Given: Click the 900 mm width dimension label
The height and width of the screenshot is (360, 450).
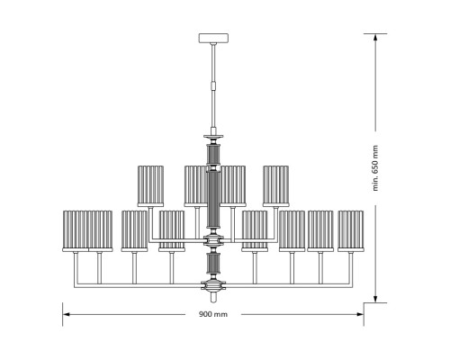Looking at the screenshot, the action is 213,314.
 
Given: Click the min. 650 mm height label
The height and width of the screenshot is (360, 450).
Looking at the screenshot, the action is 375,168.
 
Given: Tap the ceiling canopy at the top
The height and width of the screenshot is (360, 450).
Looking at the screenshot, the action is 213,38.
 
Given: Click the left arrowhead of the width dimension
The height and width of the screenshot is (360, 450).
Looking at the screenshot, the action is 66,314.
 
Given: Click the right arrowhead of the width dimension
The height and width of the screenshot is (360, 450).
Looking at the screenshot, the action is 360,314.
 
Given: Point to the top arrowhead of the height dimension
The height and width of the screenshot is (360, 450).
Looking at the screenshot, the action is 375,37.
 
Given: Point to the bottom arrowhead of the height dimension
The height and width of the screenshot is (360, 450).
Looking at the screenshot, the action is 375,299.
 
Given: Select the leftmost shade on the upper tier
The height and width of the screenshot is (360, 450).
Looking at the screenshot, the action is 150,186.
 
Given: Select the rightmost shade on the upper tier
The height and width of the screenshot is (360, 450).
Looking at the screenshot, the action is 276,186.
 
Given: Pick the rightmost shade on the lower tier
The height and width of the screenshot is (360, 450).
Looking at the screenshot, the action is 351,231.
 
